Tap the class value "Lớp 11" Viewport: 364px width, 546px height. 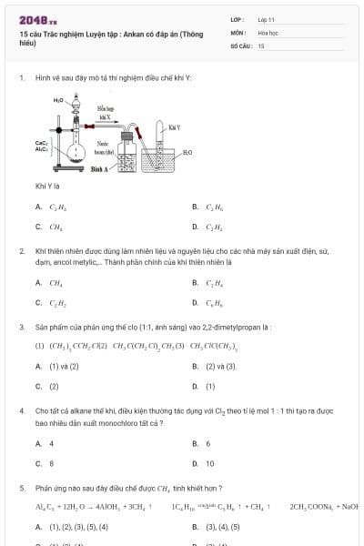[268, 18]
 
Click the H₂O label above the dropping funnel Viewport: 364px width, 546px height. [58, 99]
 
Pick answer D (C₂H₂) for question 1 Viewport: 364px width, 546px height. [213, 227]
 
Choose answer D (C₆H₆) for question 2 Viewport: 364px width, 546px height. [213, 302]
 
